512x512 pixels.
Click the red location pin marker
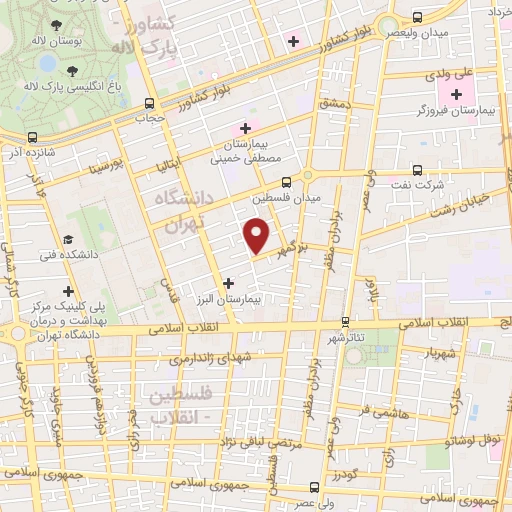[x=257, y=236]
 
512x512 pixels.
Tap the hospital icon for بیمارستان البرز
[x=231, y=282]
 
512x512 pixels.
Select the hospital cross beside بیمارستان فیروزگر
[x=457, y=96]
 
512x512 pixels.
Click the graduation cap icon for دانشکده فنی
[x=68, y=240]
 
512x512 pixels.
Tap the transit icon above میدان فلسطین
[x=286, y=182]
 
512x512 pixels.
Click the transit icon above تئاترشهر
[x=345, y=321]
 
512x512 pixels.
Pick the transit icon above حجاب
[x=149, y=102]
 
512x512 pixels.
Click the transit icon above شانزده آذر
[x=33, y=137]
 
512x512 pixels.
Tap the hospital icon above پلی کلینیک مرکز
[x=67, y=291]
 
